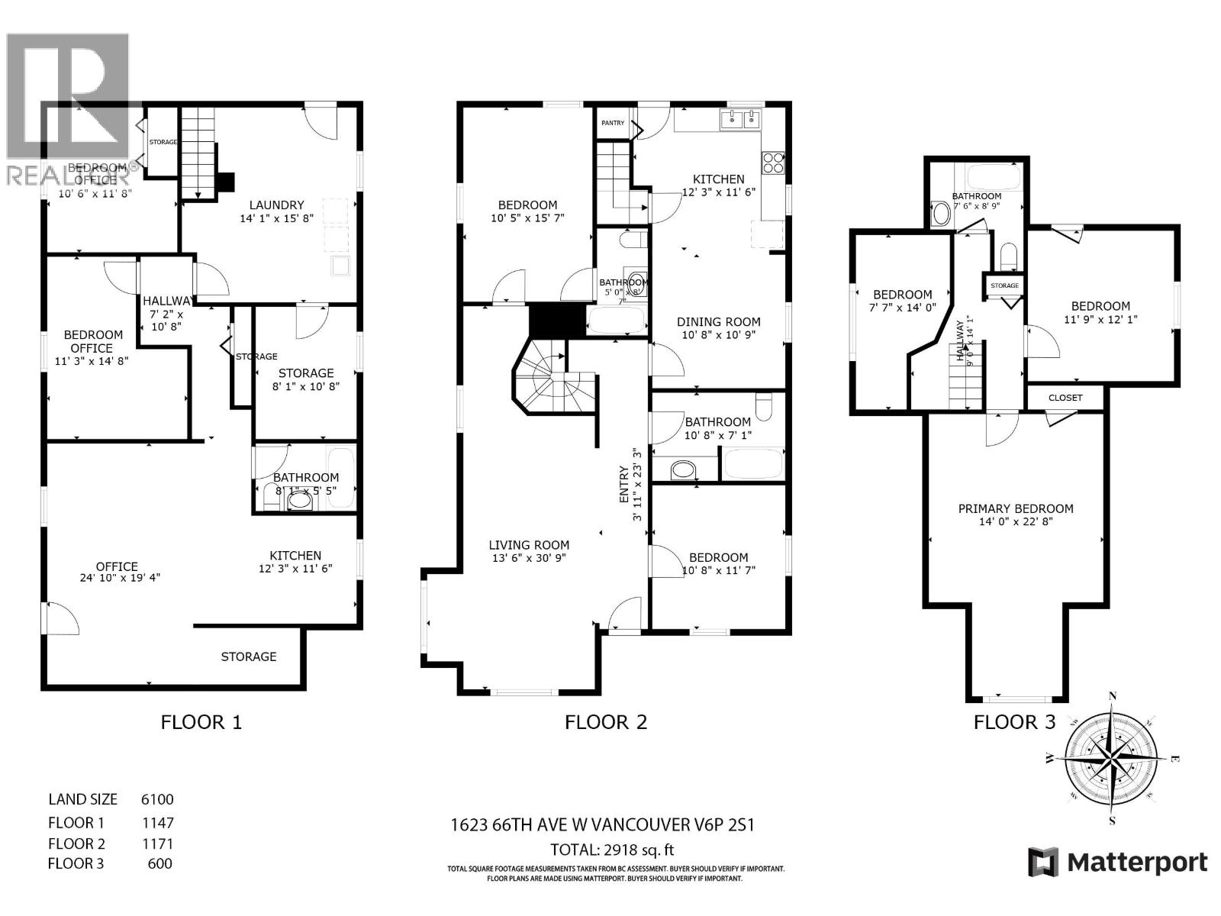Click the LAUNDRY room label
click(277, 205)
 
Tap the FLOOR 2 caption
click(606, 722)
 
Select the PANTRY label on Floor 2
click(613, 123)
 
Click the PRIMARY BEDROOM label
click(1016, 508)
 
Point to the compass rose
click(1111, 760)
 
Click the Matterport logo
click(1118, 863)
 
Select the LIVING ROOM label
click(530, 545)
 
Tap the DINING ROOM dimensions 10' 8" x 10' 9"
click(717, 334)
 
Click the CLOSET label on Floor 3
click(1065, 398)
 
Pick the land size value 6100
click(157, 799)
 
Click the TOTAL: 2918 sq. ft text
click(612, 850)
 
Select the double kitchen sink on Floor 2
click(741, 119)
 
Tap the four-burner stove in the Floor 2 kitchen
click(772, 163)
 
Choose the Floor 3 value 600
click(160, 863)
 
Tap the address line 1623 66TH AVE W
click(602, 825)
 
